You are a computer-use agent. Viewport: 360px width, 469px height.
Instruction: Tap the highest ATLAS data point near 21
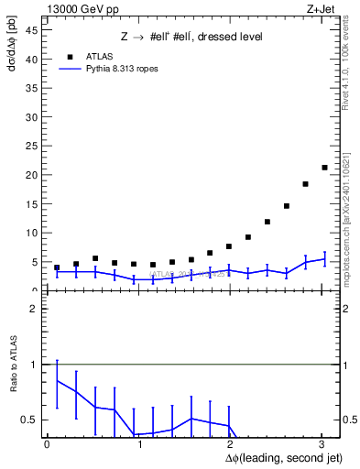(x=324, y=168)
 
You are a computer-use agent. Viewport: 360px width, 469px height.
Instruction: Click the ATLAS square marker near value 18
(x=305, y=184)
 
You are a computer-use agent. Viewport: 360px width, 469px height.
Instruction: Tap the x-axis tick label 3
(x=322, y=444)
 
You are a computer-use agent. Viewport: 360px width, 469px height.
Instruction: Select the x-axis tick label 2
(x=230, y=444)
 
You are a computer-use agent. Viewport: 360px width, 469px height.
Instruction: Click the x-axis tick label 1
(x=138, y=444)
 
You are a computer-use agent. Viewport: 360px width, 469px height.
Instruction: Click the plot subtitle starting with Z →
(x=191, y=37)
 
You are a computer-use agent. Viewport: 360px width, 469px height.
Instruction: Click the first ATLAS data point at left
(x=57, y=267)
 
